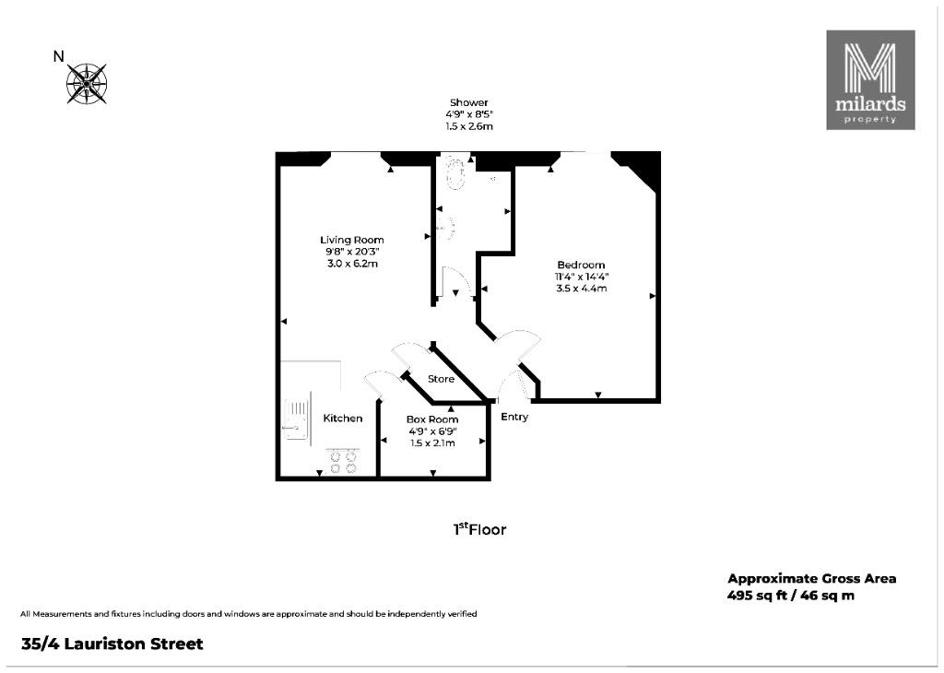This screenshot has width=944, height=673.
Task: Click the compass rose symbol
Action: tap(87, 83)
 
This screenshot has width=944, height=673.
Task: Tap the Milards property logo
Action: tap(870, 80)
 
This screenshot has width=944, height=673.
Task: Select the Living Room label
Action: tap(351, 240)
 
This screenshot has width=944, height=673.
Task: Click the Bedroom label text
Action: tap(581, 265)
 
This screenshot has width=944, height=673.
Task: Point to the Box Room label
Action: tap(432, 419)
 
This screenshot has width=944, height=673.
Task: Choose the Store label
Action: tap(441, 379)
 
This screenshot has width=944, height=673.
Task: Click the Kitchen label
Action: tap(343, 419)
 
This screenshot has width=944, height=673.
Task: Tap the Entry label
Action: tap(514, 417)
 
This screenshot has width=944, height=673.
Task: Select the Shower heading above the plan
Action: tap(469, 102)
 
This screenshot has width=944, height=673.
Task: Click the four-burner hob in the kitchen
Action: tap(343, 461)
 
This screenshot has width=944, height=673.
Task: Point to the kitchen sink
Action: tap(296, 420)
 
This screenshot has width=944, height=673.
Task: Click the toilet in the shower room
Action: tap(454, 174)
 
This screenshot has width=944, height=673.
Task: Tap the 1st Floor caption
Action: tap(479, 529)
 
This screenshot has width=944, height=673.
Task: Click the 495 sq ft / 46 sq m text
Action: tap(790, 596)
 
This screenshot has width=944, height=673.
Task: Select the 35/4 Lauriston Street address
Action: tap(112, 643)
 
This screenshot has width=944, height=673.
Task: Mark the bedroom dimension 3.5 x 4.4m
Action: tap(581, 289)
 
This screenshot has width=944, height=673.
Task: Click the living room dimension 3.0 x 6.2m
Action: tap(352, 263)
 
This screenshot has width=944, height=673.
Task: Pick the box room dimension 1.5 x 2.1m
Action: tap(432, 443)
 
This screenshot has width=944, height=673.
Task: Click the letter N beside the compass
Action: tap(58, 56)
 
